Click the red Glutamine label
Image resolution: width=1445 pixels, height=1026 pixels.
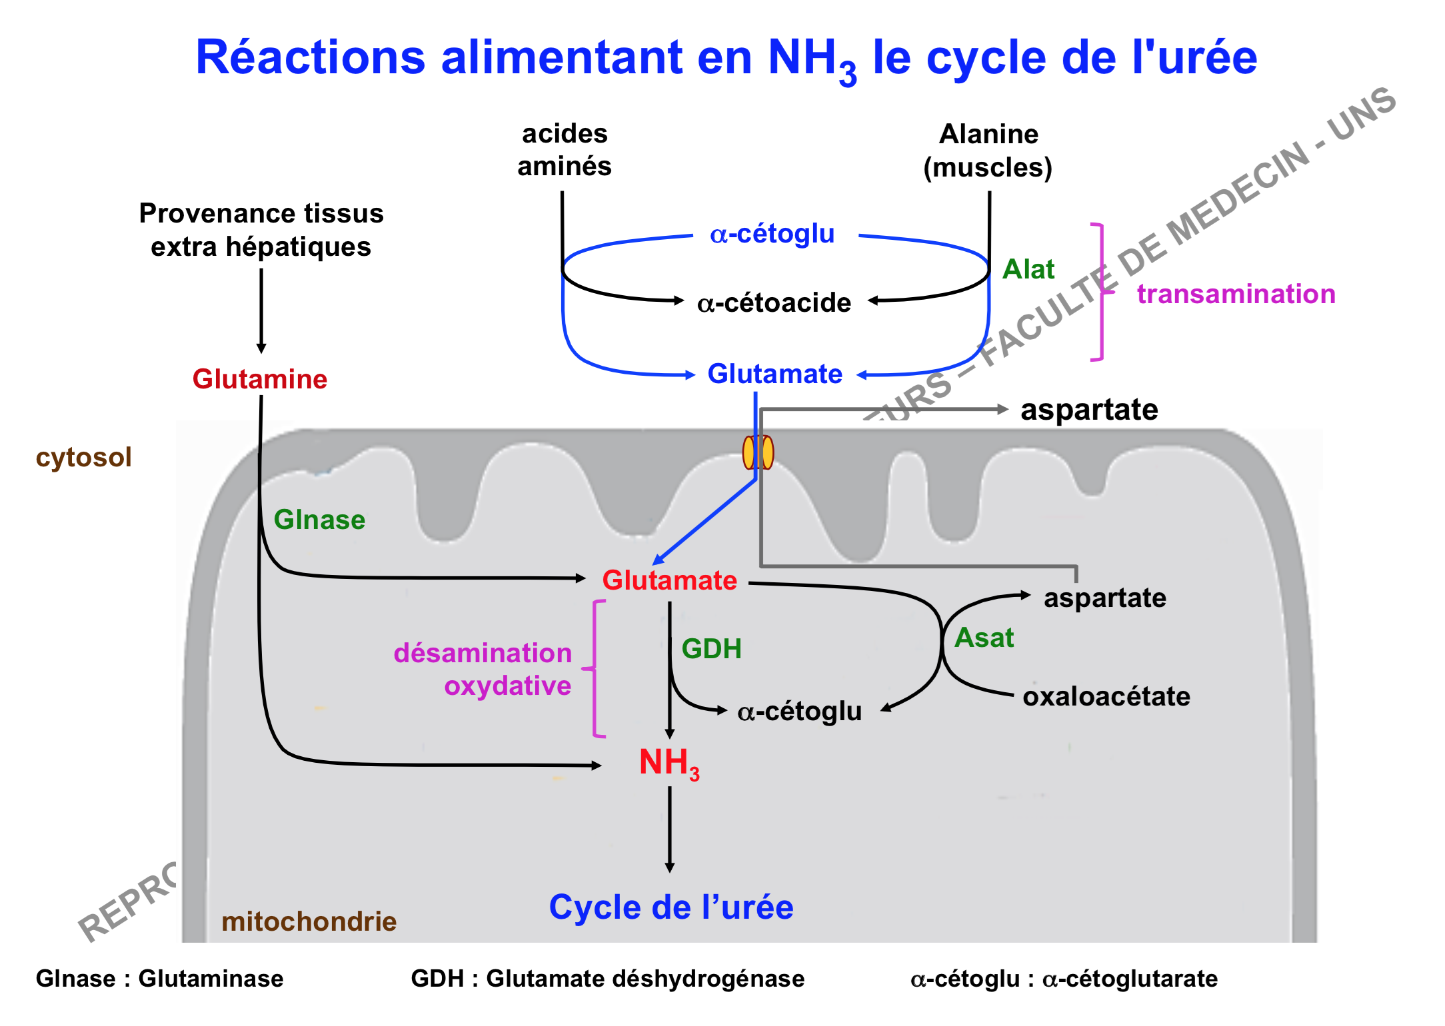[x=260, y=379]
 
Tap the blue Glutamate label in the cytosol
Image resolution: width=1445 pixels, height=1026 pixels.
[x=774, y=374]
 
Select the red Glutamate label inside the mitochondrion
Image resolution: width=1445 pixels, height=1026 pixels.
[x=669, y=580]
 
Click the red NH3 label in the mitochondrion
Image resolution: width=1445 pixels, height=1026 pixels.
[x=669, y=762]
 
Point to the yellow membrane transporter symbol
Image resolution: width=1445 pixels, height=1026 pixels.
[x=758, y=452]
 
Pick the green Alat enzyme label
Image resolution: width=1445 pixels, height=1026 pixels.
[x=1028, y=269]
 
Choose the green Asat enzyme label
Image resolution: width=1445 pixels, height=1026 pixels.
[x=984, y=638]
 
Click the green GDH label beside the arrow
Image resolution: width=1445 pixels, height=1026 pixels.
[x=711, y=648]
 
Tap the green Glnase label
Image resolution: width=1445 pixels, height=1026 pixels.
[x=319, y=520]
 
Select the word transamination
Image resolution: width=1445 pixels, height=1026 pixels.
[x=1236, y=294]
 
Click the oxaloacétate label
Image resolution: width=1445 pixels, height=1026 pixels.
[x=1106, y=696]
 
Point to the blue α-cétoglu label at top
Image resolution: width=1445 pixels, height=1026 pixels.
[x=772, y=234]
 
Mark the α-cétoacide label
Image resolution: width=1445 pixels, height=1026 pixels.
[x=774, y=303]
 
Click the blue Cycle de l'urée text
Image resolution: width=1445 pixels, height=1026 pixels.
[x=671, y=907]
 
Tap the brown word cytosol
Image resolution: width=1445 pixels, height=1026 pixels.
[x=84, y=457]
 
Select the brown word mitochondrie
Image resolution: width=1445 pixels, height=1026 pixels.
[x=309, y=921]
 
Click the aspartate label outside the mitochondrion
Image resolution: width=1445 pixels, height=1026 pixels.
[x=1089, y=410]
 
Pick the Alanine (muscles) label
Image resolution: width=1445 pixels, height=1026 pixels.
[x=988, y=151]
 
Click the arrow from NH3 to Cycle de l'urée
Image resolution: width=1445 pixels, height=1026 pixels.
[x=670, y=829]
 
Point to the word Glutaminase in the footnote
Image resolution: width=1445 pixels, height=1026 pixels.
[x=211, y=979]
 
